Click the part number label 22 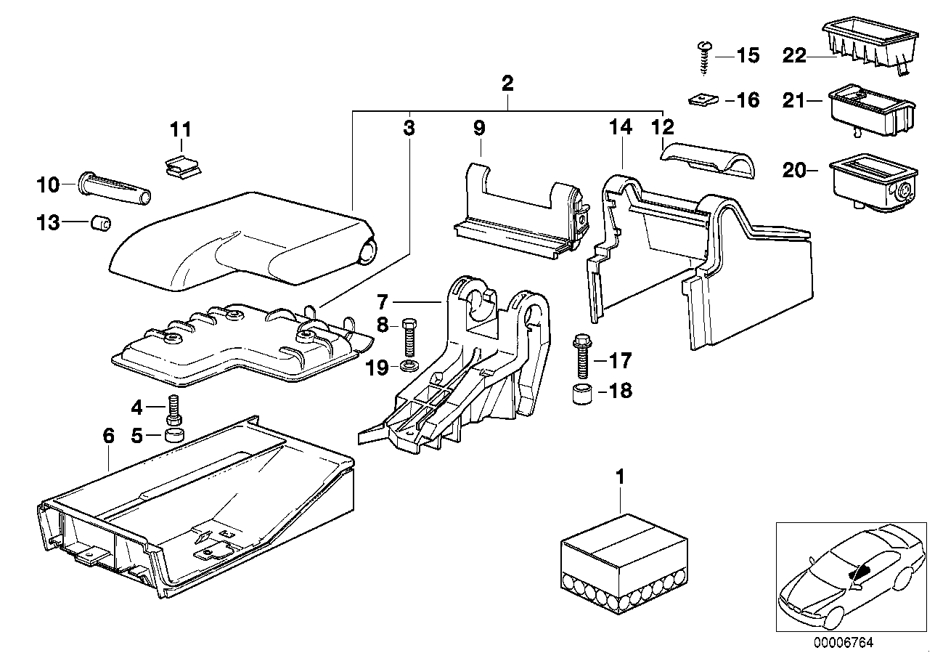[794, 54]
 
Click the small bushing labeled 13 [99, 222]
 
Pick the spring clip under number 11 [181, 167]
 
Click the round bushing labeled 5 [174, 436]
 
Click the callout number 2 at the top [507, 82]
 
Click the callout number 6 [108, 436]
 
